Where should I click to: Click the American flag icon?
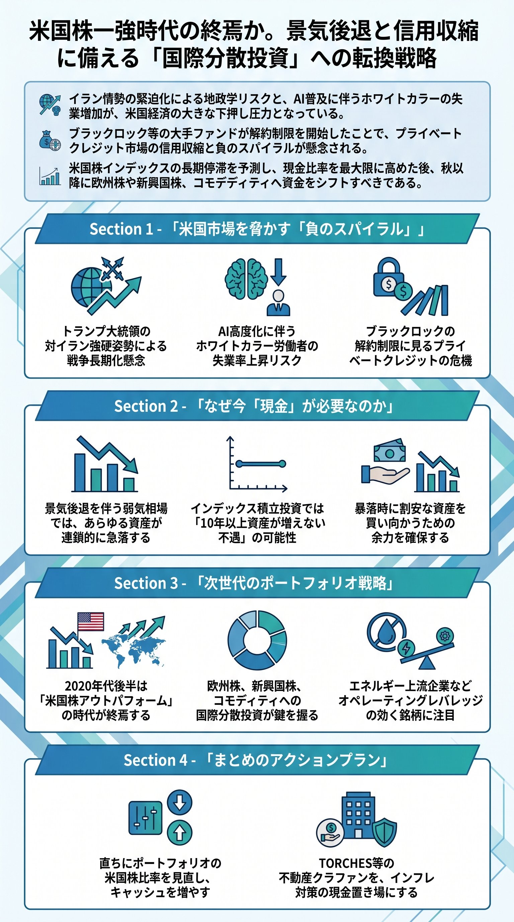[x=90, y=621]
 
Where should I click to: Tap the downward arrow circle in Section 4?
[x=179, y=802]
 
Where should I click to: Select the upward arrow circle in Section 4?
[x=179, y=833]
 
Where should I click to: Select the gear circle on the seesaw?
[x=445, y=636]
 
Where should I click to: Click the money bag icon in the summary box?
[x=47, y=140]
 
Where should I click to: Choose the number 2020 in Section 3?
[x=78, y=686]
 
